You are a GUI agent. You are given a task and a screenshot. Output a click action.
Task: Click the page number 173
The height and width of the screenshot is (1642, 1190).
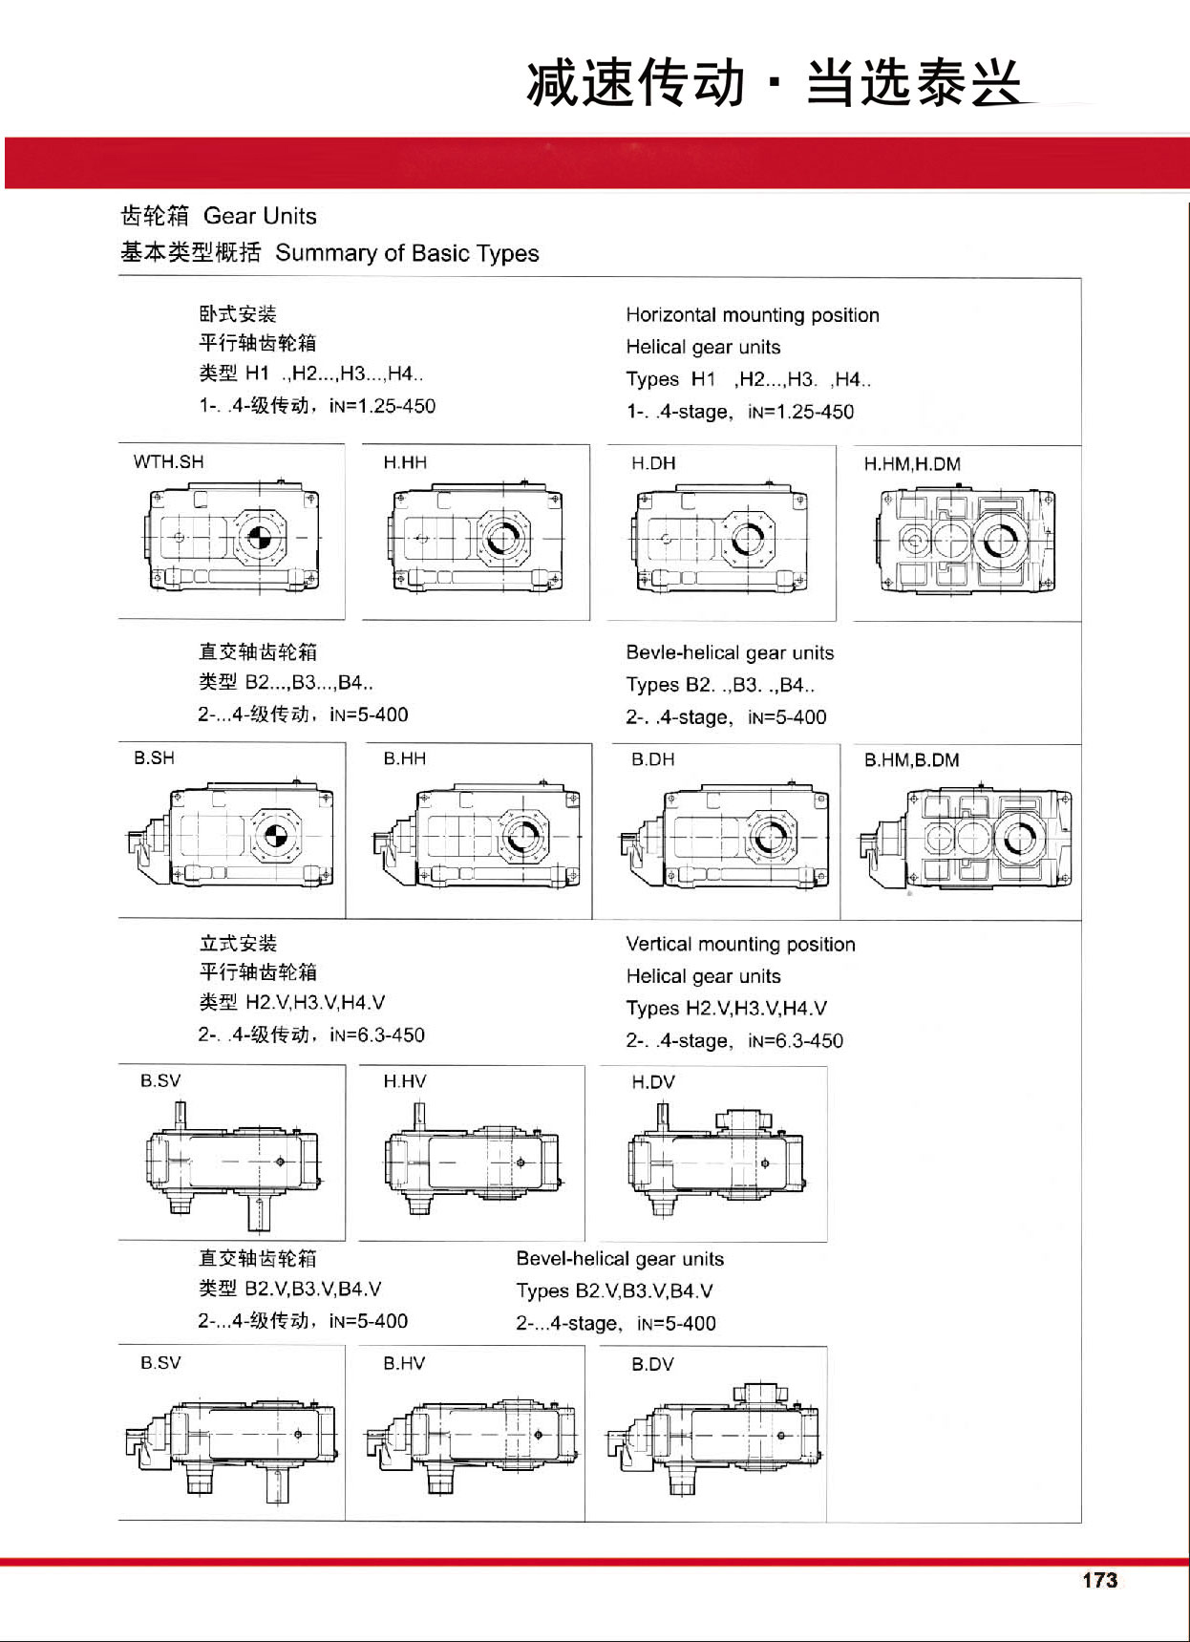tap(1099, 1580)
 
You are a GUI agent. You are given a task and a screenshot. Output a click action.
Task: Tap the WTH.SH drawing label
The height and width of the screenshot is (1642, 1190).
tap(168, 462)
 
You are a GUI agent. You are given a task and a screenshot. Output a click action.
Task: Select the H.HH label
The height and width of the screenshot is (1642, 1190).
tap(405, 463)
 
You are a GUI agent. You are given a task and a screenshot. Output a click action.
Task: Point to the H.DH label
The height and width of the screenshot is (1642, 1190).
tap(653, 463)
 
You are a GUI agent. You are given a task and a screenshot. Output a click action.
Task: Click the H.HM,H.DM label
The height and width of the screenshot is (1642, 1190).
tap(912, 464)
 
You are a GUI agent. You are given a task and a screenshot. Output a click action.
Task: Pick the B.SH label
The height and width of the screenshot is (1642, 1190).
tap(154, 758)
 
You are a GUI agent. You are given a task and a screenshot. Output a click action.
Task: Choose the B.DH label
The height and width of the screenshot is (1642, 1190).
tap(652, 759)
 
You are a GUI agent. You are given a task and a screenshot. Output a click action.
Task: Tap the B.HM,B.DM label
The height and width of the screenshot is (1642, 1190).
tap(911, 760)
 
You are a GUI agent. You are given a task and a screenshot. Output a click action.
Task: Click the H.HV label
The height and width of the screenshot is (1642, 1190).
tap(405, 1081)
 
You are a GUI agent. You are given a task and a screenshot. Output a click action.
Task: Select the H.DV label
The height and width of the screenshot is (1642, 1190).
tap(653, 1082)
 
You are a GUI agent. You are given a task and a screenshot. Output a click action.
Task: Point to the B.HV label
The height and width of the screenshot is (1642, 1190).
tap(404, 1363)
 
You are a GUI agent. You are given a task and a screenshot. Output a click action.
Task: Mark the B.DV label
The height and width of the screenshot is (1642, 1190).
tap(652, 1364)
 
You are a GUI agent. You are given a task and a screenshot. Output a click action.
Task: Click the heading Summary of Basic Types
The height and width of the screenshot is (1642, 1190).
tap(407, 253)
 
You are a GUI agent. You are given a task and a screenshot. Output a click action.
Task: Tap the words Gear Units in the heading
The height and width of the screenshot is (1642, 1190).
tap(260, 216)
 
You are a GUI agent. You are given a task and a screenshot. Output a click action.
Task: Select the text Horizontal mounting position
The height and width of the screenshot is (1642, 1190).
tap(753, 315)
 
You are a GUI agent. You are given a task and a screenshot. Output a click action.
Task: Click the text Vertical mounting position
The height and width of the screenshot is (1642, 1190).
tap(740, 945)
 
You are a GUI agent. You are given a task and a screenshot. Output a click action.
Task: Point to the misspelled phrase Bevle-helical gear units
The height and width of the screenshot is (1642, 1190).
tap(730, 653)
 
